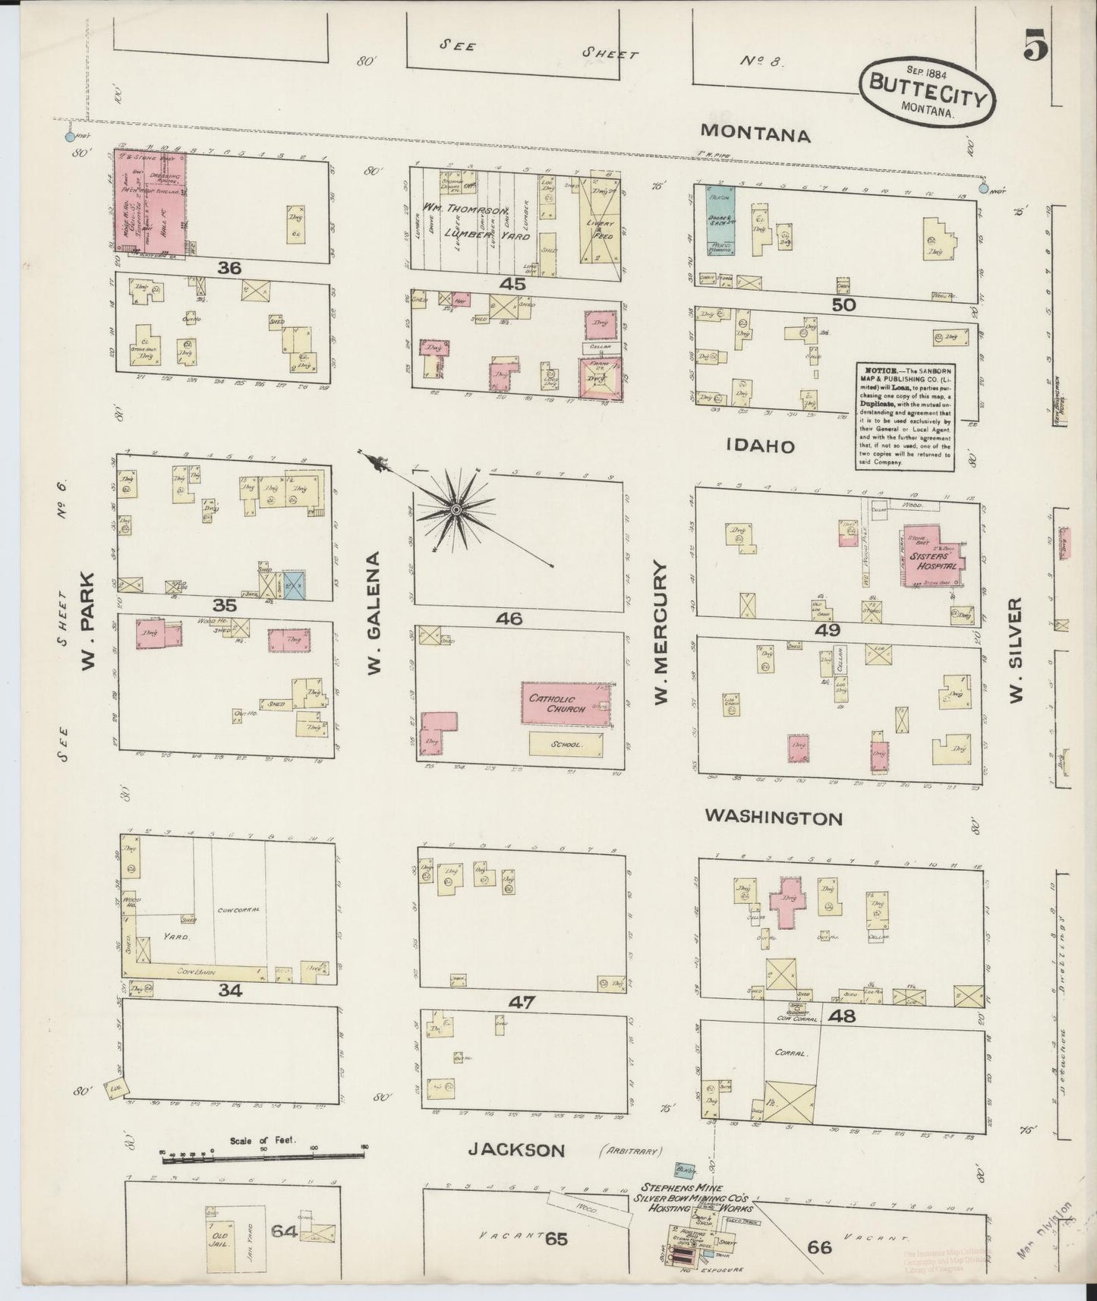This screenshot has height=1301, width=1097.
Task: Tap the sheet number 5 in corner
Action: pos(1035,47)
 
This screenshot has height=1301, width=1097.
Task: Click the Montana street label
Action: pos(755,134)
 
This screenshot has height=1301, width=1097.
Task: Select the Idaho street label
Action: pos(761,446)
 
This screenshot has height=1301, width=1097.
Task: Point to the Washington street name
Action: pos(773,817)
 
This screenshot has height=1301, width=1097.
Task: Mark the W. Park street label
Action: pos(88,622)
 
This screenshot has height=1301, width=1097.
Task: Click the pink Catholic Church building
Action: pos(565,704)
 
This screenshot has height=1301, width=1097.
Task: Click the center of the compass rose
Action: pos(456,509)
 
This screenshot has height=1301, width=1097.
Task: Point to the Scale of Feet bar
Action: pos(262,1155)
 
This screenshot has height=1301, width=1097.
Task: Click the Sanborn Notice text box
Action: pos(901,417)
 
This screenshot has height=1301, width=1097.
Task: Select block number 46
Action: pos(509,619)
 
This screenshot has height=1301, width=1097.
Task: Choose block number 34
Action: pos(228,990)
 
